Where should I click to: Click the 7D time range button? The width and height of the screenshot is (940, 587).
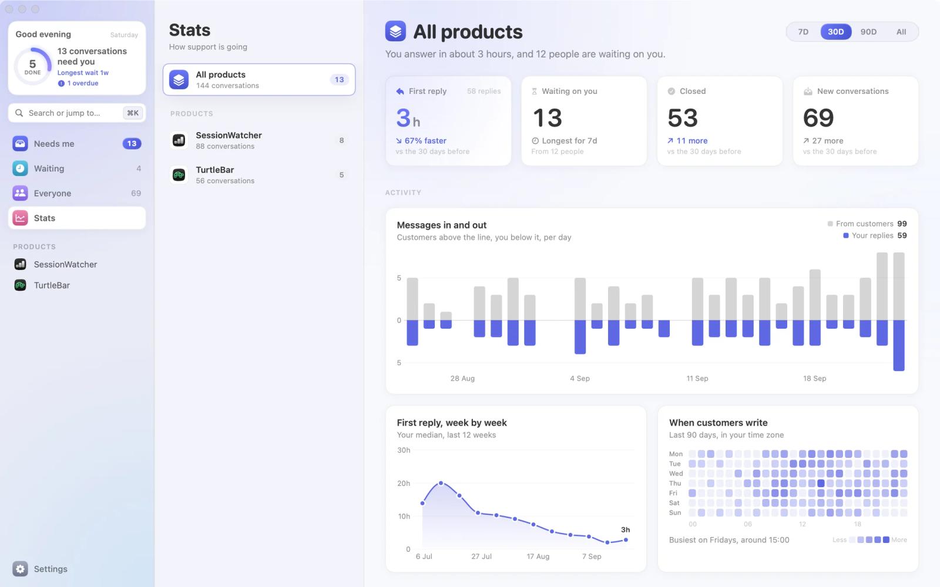(x=803, y=32)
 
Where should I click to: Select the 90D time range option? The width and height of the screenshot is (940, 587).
(x=868, y=32)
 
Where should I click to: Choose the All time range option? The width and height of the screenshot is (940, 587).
(x=901, y=32)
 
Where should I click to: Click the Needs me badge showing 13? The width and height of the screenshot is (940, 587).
(x=132, y=143)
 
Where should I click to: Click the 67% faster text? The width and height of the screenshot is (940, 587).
(x=425, y=141)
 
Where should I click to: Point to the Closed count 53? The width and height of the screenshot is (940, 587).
(x=683, y=118)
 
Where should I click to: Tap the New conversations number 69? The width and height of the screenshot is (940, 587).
(x=818, y=118)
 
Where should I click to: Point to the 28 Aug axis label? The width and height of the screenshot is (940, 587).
(x=462, y=378)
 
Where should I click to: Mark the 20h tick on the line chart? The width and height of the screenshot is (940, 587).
(x=403, y=483)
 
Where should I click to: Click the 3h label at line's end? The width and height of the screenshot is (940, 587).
(x=625, y=529)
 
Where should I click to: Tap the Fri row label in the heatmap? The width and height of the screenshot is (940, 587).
(x=673, y=493)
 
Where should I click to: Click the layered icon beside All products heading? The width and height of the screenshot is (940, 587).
(x=395, y=31)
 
